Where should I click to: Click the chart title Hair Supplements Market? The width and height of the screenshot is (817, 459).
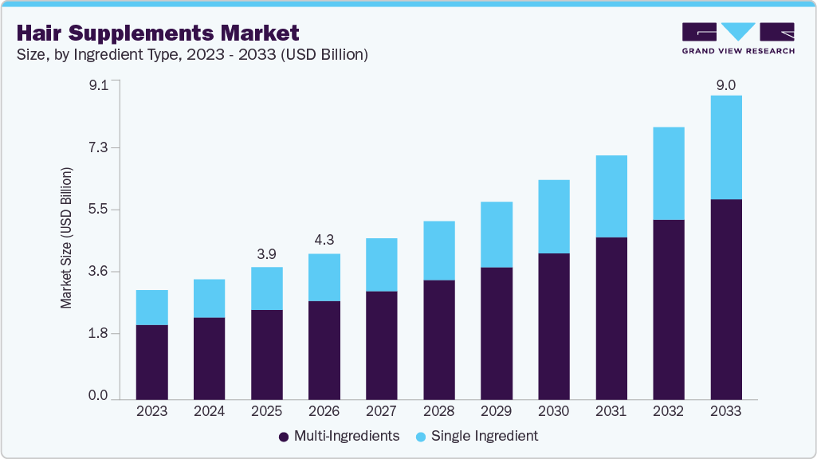[x=158, y=33]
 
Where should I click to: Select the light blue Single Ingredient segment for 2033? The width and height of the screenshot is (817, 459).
[x=725, y=147]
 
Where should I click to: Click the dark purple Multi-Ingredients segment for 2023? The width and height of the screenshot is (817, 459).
[x=151, y=362]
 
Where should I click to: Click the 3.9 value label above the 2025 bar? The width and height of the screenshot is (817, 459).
[x=266, y=253]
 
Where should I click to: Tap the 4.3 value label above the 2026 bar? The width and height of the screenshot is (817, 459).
[x=324, y=240]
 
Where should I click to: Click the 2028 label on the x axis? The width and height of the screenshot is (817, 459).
[x=438, y=411]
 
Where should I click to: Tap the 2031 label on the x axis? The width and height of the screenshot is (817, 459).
[x=611, y=411]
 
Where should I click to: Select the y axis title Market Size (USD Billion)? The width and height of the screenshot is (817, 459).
[x=67, y=238]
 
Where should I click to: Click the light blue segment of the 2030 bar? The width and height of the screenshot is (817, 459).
[x=553, y=217]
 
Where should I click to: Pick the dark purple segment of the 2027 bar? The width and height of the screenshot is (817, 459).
[x=381, y=345]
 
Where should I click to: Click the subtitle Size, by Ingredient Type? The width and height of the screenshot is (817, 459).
[x=191, y=55]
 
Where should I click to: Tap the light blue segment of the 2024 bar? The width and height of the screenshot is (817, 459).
[x=209, y=299]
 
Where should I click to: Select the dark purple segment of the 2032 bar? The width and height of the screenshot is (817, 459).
[x=668, y=309]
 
